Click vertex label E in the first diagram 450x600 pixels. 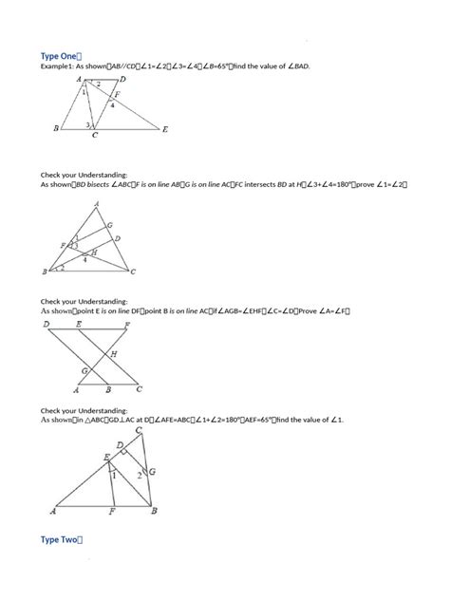(x=165, y=129)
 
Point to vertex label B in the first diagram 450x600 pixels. (x=58, y=128)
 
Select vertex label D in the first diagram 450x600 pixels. (x=123, y=81)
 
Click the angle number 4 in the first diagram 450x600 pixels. (x=112, y=104)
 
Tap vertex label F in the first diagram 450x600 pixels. (x=118, y=94)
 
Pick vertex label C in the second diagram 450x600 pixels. (x=133, y=272)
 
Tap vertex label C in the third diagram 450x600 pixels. (x=141, y=389)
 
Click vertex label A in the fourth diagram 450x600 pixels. (x=53, y=511)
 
